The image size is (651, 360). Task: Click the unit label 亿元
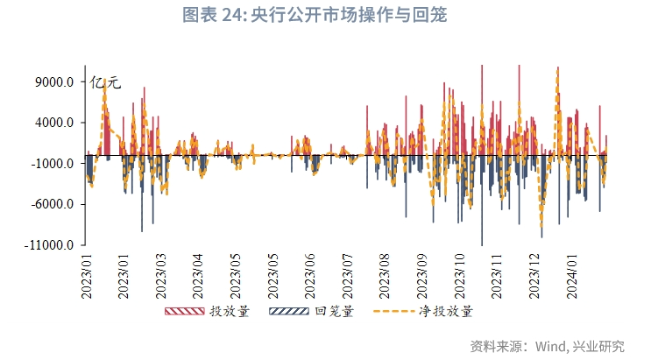[x=105, y=83]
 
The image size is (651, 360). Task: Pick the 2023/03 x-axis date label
[x=160, y=277]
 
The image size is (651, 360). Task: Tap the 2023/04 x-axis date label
[x=197, y=277]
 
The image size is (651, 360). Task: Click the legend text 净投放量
[x=445, y=312]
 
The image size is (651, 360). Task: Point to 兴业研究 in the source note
[x=600, y=345]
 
